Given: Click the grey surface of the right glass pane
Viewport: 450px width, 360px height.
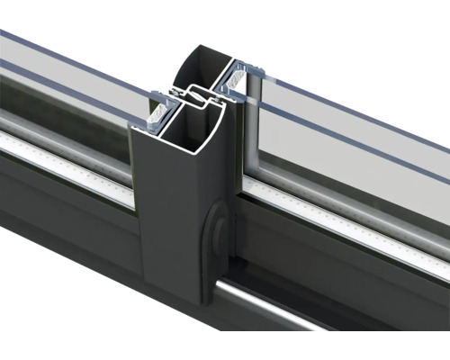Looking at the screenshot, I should tap(351, 144).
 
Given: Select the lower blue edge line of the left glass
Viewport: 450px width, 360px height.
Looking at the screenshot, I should tap(72, 90).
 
